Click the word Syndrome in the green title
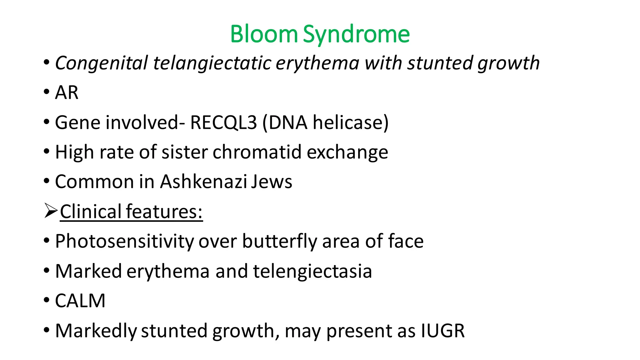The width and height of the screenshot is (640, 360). [356, 34]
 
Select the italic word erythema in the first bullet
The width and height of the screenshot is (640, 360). [317, 63]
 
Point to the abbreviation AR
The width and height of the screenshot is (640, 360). [67, 92]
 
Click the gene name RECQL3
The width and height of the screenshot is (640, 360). [223, 122]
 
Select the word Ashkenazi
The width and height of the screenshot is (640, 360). [203, 182]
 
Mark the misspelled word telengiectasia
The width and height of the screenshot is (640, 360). [312, 271]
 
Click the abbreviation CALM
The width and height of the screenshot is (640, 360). [80, 301]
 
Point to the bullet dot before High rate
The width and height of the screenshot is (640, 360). [47, 152]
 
